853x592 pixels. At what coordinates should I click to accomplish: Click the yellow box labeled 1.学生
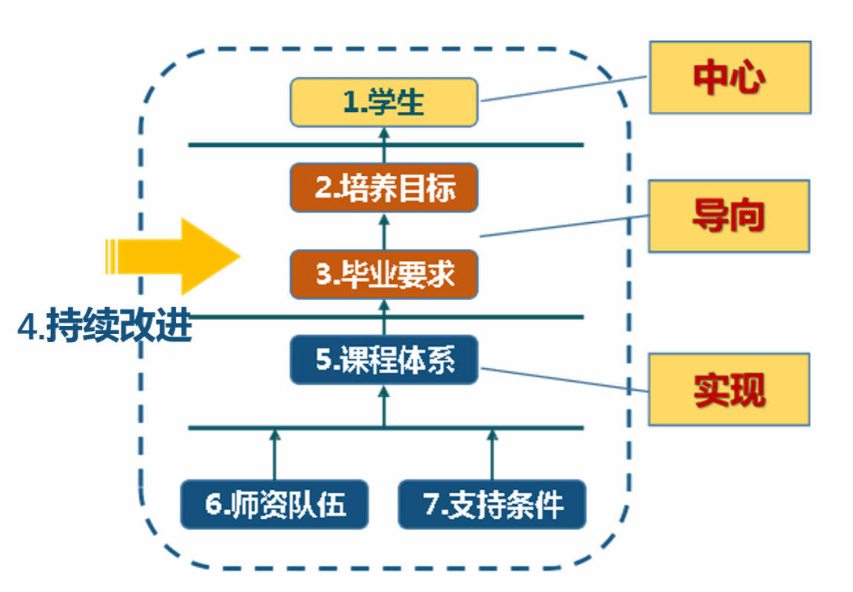pos(384,102)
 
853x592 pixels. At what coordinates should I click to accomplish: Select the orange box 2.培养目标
pos(384,188)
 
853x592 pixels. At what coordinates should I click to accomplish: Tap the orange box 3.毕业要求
pos(384,274)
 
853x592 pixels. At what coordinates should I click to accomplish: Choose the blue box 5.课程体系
pos(384,359)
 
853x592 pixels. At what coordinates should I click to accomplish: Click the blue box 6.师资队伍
pos(274,505)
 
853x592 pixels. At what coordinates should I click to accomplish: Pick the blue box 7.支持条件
pos(492,505)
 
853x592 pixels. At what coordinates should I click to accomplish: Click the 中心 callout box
pos(730,78)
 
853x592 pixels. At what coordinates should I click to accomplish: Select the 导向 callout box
pos(729,216)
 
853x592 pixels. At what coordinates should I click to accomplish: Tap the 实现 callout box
pos(729,390)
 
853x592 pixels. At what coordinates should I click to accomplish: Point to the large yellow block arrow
pos(173,256)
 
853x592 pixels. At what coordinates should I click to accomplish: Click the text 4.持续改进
pos(105,325)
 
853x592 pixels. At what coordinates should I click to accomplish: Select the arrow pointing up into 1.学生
pos(384,145)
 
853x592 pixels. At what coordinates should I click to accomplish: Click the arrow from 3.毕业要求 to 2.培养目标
pos(384,232)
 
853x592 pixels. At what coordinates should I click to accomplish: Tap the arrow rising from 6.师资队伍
pos(274,454)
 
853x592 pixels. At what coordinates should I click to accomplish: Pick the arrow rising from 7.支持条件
pos(492,454)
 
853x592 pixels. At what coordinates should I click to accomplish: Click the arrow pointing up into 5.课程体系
pos(384,406)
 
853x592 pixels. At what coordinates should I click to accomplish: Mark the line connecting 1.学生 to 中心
pos(564,89)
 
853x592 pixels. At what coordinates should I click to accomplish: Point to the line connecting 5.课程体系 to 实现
pos(564,380)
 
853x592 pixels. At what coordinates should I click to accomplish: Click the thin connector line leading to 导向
pos(564,227)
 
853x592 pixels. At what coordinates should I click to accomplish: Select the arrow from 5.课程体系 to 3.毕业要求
pos(384,318)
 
